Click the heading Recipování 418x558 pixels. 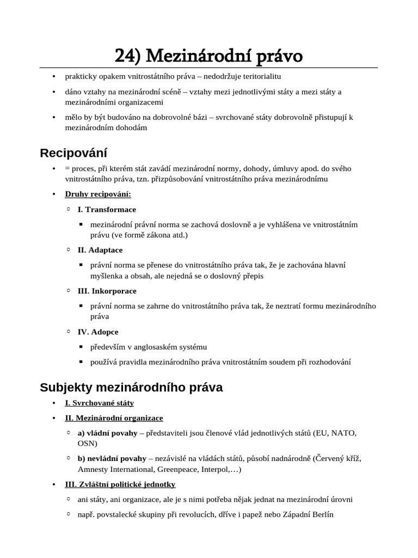tap(73, 153)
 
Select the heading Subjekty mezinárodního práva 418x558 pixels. tap(131, 387)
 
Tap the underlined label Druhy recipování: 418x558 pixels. tap(98, 194)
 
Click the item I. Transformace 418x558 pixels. tap(107, 209)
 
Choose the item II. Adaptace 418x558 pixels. tap(100, 250)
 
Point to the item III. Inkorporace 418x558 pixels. tap(107, 291)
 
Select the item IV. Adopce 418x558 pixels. tap(98, 331)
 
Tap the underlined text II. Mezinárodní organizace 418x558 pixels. tap(114, 418)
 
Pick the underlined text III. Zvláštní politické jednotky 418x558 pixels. tap(120, 484)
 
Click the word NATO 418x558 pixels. tap(343, 433)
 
